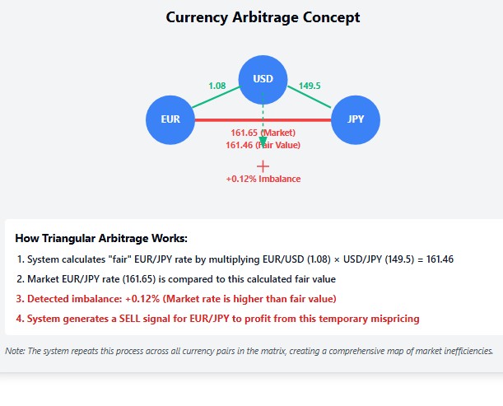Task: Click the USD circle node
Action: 263,80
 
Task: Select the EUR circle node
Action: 170,119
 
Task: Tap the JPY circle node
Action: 356,119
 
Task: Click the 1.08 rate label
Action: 217,86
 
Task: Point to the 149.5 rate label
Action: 310,86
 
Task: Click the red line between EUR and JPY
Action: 263,120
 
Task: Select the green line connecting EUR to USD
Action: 216,97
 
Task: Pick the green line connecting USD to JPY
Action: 310,96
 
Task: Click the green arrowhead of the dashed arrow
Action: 263,142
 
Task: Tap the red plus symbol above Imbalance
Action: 263,166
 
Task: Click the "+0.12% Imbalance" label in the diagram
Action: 263,179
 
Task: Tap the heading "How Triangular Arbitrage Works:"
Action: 101,239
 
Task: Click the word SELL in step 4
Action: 129,319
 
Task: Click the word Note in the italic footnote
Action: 15,351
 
